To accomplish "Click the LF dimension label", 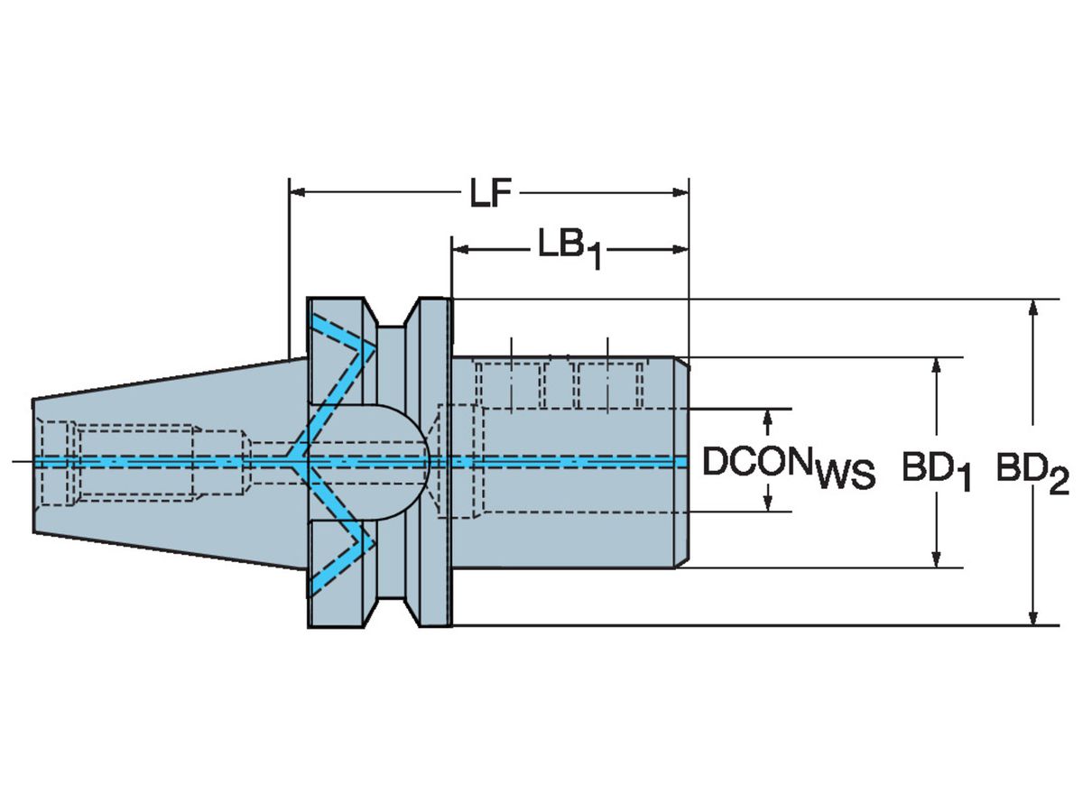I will coord(490,193).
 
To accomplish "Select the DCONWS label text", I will coord(788,466).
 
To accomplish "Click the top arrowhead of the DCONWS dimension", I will coord(768,417).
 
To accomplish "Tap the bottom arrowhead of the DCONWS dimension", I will coord(768,503).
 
